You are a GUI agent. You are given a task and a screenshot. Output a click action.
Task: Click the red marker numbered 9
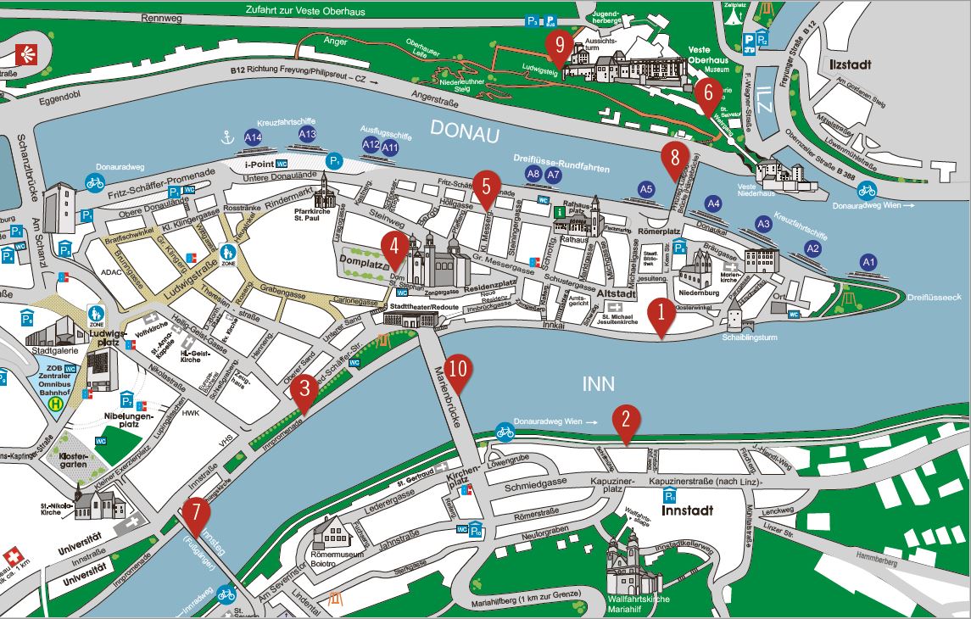pos(557,46)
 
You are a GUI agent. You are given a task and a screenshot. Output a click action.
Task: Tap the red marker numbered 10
pos(458,370)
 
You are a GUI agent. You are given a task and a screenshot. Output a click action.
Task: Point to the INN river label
pos(599,383)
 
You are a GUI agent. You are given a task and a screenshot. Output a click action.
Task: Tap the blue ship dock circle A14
pos(253,137)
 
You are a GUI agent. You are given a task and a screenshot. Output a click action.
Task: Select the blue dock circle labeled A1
pos(868,262)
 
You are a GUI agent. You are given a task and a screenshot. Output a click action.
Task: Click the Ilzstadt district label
pos(845,64)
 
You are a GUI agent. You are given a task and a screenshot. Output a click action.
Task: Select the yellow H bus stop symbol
pos(56,404)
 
